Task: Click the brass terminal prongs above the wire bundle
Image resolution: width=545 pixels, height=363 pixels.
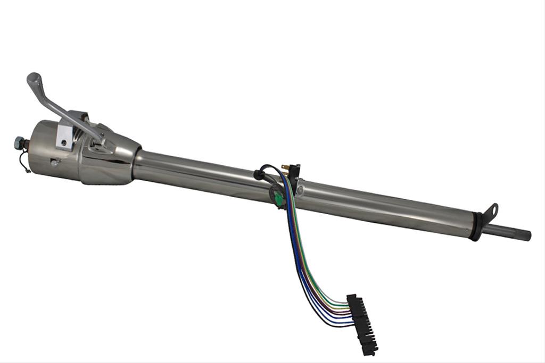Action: pos(285,168)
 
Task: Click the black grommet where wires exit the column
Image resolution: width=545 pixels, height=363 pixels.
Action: pos(259,173)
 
